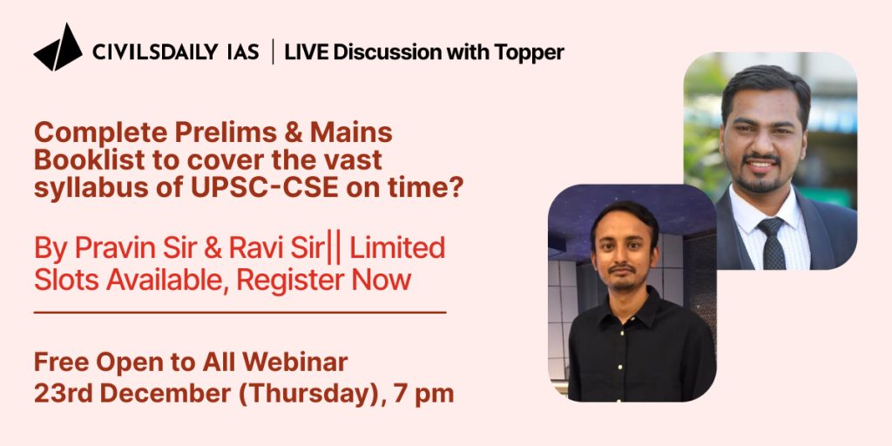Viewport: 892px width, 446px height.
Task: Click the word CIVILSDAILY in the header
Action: pyautogui.click(x=155, y=52)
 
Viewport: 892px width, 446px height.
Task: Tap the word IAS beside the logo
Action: pyautogui.click(x=243, y=52)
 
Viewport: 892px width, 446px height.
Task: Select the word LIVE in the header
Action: pyautogui.click(x=306, y=52)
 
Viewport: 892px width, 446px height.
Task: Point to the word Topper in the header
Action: pyautogui.click(x=529, y=53)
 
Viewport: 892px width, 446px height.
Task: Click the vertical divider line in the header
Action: pyautogui.click(x=272, y=51)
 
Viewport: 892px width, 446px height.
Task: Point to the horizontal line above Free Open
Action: pyautogui.click(x=240, y=313)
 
